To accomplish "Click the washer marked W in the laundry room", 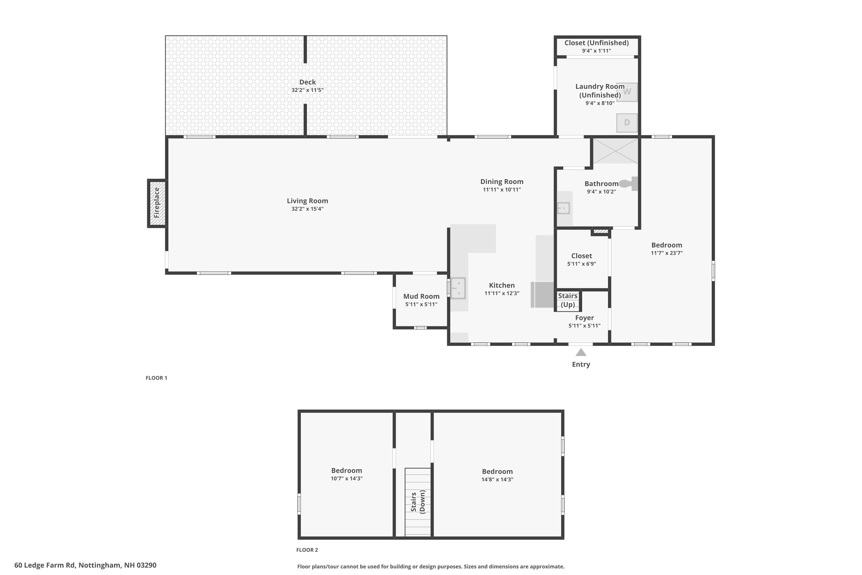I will tap(627, 92).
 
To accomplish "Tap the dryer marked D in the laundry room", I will tap(627, 122).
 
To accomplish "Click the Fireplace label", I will tap(157, 203).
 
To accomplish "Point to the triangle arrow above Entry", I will tap(581, 352).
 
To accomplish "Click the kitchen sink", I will tap(458, 288).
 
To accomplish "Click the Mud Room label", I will tap(421, 296).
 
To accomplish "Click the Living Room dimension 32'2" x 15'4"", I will tap(307, 209).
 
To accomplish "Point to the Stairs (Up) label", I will tap(568, 300).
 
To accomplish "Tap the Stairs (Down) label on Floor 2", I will tap(418, 502).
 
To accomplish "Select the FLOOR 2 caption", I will tap(307, 550).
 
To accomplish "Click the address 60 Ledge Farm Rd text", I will tap(85, 565).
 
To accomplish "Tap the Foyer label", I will tap(584, 318).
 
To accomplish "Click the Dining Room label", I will tap(502, 181).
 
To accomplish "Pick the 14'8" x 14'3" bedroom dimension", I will tap(497, 480).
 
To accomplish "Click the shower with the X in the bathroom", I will tap(615, 151).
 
